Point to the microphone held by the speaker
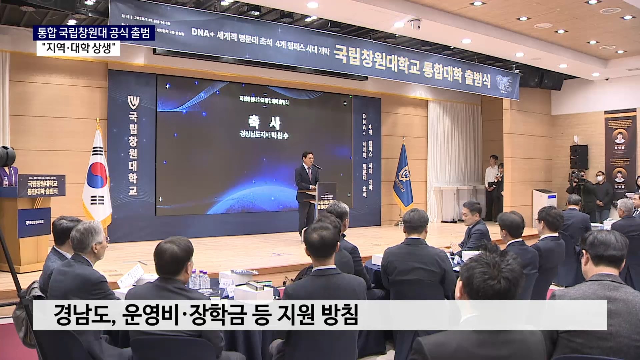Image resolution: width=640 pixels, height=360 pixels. [x=316, y=166]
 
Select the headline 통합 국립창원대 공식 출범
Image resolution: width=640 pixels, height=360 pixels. [x=94, y=33]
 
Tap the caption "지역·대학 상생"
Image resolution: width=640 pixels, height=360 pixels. [x=78, y=49]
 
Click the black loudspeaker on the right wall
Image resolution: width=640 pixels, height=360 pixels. [x=578, y=157]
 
